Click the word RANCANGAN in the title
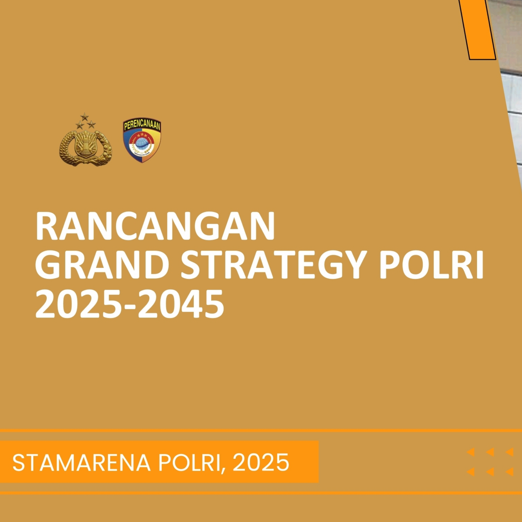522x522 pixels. pos(155,226)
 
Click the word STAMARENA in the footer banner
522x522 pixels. pos(81,462)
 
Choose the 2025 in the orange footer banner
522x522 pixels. pos(261,462)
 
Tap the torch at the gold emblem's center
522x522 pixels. pos(85,144)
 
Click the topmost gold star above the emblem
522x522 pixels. pos(84,116)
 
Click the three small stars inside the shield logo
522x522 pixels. pos(142,134)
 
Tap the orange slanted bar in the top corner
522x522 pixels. pos(477,30)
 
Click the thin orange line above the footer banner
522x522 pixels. pos(261,431)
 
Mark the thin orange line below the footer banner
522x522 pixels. pos(261,493)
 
